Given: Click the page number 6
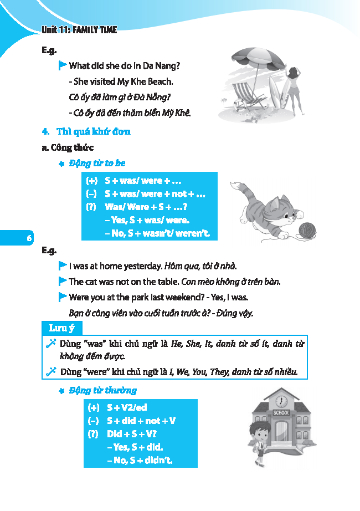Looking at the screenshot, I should tap(28, 238).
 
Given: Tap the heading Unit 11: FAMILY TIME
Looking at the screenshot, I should tap(79, 30).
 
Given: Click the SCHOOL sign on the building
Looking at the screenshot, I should tap(281, 413).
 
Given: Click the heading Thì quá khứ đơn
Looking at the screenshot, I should tap(94, 132).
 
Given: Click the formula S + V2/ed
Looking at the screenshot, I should tap(127, 407).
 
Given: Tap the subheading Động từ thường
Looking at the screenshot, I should tap(103, 391).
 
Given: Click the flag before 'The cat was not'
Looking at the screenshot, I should tap(63, 281).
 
